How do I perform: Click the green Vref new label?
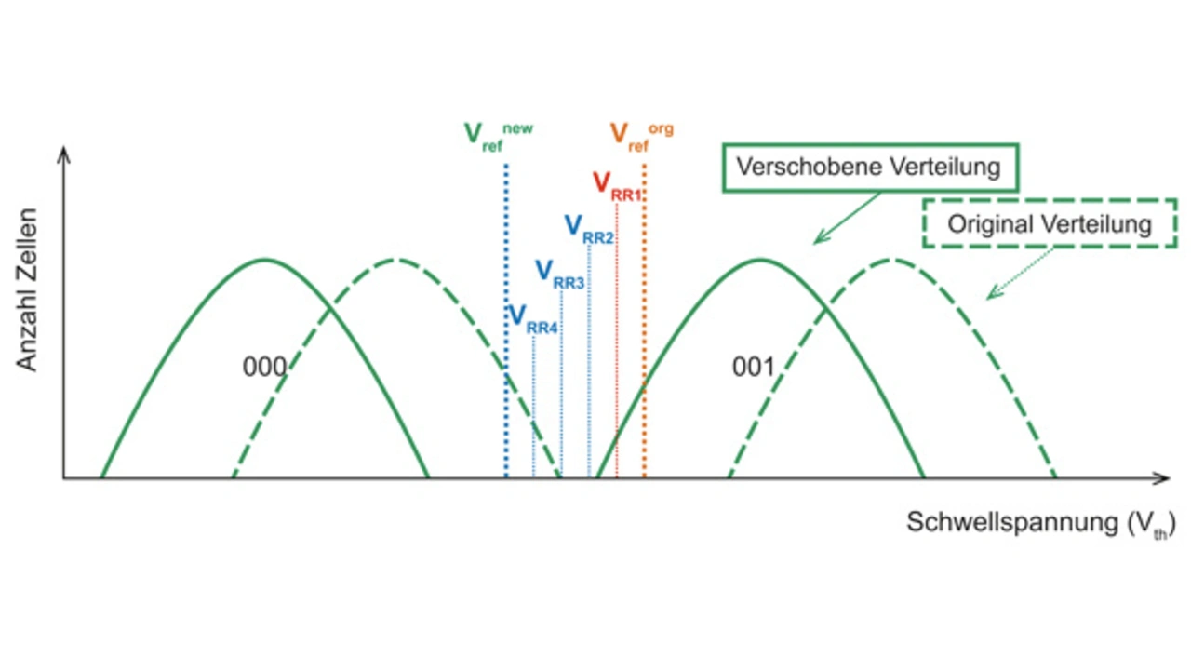pyautogui.click(x=498, y=136)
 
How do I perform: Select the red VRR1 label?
pyautogui.click(x=618, y=185)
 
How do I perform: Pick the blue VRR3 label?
pyautogui.click(x=559, y=274)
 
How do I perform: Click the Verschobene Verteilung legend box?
pyautogui.click(x=867, y=168)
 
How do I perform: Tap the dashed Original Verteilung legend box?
pyautogui.click(x=1049, y=223)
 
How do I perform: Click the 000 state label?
pyautogui.click(x=264, y=368)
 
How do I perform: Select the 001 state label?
pyautogui.click(x=753, y=368)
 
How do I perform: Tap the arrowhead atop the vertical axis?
pyautogui.click(x=63, y=154)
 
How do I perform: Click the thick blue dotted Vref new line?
pyautogui.click(x=505, y=279)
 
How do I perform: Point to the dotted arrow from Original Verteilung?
pyautogui.click(x=1020, y=273)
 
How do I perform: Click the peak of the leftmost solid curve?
pyautogui.click(x=265, y=260)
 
